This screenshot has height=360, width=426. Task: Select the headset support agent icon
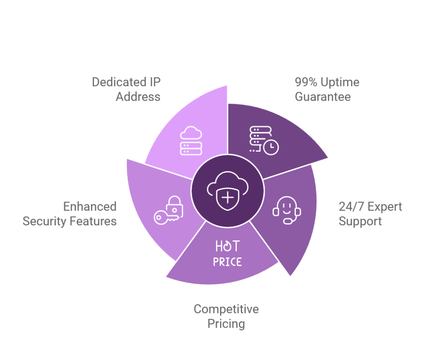[x=287, y=210]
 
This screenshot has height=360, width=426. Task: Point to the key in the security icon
[x=164, y=217]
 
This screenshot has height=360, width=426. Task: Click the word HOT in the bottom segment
[x=227, y=246]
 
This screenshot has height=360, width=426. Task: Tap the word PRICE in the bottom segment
[x=227, y=262]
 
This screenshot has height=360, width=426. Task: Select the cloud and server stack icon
[x=191, y=141]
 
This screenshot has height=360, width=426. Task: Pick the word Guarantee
[x=323, y=97]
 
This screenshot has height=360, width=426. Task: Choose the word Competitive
[x=226, y=309]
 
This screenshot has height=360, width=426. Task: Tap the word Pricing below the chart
[x=226, y=323]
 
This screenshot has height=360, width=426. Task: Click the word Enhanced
[x=89, y=207]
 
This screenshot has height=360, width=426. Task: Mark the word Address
[x=138, y=97]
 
